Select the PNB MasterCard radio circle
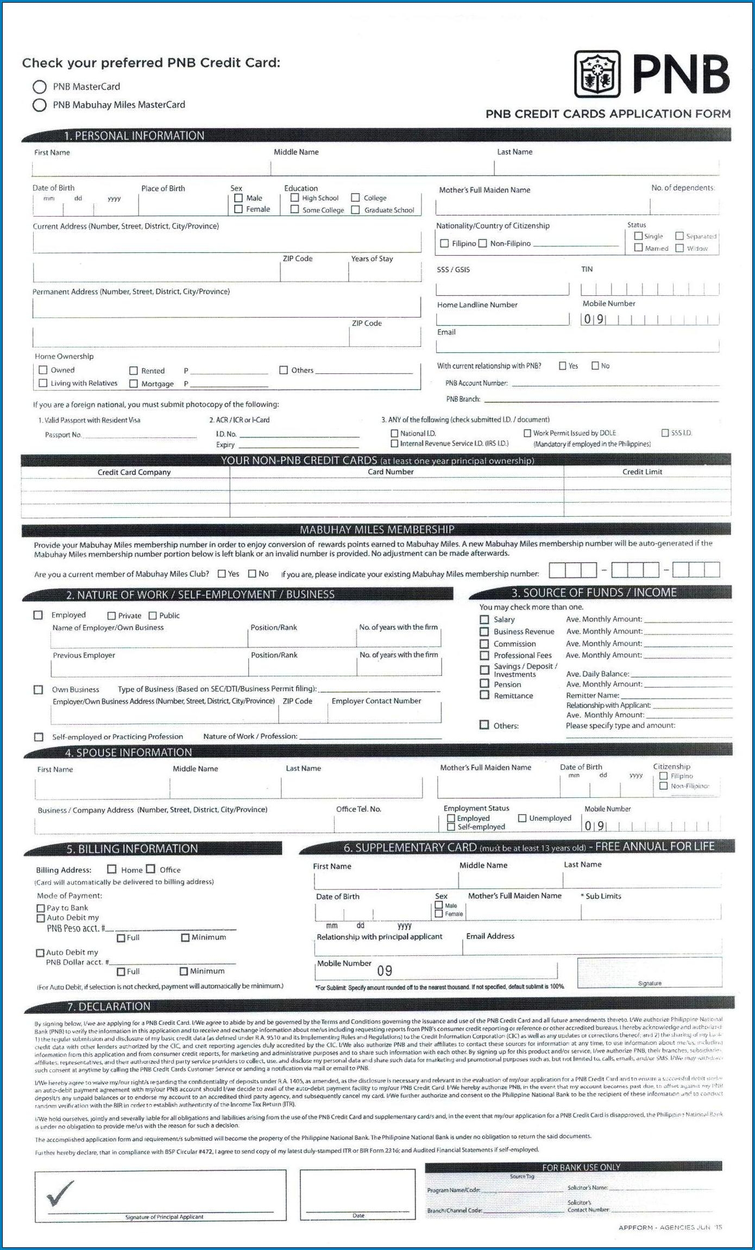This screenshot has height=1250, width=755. pyautogui.click(x=40, y=87)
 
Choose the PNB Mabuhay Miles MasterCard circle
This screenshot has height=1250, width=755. pyautogui.click(x=40, y=105)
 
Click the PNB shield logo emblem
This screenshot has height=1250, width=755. pyautogui.click(x=597, y=74)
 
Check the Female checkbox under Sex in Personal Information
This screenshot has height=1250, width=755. pyautogui.click(x=238, y=209)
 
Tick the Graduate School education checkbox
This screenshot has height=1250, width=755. pyautogui.click(x=356, y=210)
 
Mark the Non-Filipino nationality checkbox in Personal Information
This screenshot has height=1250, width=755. pyautogui.click(x=483, y=243)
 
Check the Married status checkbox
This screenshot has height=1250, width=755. pyautogui.click(x=639, y=248)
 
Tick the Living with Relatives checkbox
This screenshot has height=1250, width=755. pyautogui.click(x=43, y=383)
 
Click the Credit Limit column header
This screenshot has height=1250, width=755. pyautogui.click(x=642, y=472)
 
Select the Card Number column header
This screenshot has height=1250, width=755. pyautogui.click(x=391, y=472)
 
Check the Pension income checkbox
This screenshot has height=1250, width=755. pyautogui.click(x=485, y=684)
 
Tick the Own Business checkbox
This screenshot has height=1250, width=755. pyautogui.click(x=39, y=689)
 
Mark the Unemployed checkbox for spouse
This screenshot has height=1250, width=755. pyautogui.click(x=522, y=818)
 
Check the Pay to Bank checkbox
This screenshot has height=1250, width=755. pyautogui.click(x=41, y=908)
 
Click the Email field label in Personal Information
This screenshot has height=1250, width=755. pyautogui.click(x=446, y=332)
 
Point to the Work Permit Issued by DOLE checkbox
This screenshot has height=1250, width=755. pyautogui.click(x=527, y=433)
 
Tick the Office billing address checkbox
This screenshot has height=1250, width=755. pyautogui.click(x=150, y=869)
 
